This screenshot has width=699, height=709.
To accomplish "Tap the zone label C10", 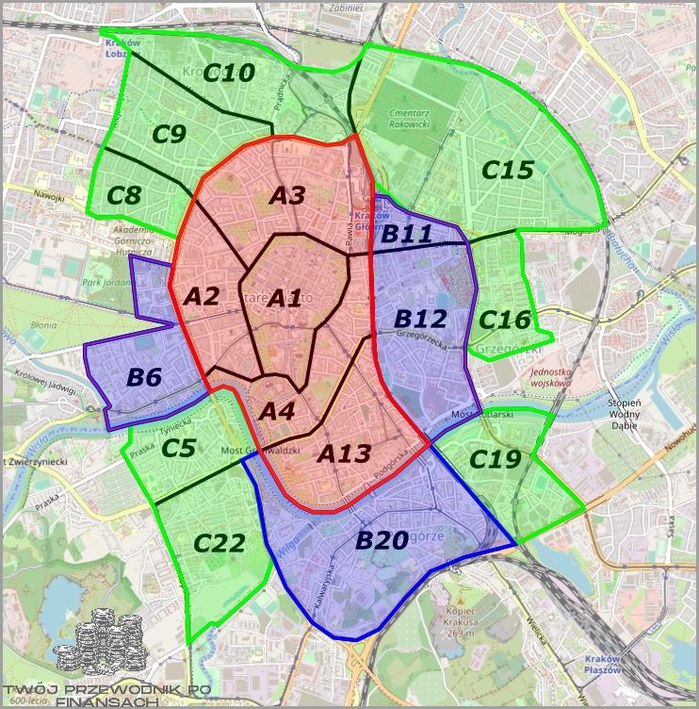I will pos(230,72).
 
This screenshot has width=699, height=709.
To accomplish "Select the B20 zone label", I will pos(381,541).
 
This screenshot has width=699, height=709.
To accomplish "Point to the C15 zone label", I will pos(508,171).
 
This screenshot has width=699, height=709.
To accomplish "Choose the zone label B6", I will pos(144,377).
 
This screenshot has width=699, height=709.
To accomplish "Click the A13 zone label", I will pos(344,453).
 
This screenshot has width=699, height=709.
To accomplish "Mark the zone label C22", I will pos(219,543).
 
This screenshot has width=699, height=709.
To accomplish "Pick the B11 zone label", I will pos(407,233).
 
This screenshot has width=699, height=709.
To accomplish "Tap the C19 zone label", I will pos(495,459).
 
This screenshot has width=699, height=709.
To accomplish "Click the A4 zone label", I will pos(277,411).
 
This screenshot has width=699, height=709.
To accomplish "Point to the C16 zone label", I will pos(504,320).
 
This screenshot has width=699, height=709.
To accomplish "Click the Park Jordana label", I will pos(105,281).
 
